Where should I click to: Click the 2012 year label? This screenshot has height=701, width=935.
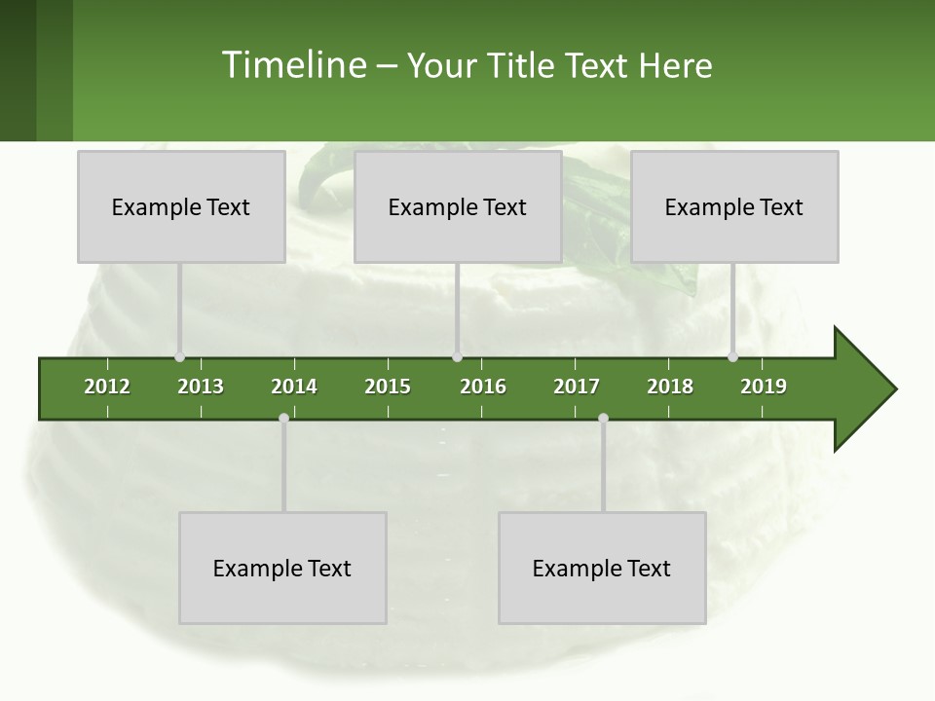(x=107, y=387)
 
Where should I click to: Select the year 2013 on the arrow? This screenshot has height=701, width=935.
(x=201, y=387)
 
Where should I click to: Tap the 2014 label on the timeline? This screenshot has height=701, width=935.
(x=294, y=387)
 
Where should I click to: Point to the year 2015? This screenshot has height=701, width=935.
(x=388, y=387)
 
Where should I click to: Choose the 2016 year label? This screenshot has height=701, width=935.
(x=483, y=387)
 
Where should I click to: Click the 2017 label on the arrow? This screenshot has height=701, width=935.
(x=577, y=387)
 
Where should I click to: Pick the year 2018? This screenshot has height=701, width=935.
(x=670, y=387)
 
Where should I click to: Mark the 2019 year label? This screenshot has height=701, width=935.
(x=764, y=387)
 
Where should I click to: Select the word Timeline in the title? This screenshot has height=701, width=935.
(x=293, y=65)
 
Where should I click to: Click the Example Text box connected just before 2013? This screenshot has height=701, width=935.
(x=181, y=206)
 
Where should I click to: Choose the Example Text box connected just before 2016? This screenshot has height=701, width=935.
(x=458, y=206)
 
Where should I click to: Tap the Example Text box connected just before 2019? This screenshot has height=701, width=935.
(x=734, y=206)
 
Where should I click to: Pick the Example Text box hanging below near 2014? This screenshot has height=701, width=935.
(x=282, y=568)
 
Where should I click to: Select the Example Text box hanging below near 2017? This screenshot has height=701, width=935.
(x=602, y=568)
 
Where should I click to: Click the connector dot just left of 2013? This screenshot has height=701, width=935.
(x=179, y=357)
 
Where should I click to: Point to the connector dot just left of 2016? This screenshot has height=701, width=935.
(x=457, y=357)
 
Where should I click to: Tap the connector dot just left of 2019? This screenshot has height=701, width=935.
(x=732, y=357)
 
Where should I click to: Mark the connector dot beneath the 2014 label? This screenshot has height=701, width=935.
(x=283, y=418)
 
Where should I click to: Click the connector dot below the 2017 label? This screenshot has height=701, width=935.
(x=603, y=418)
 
